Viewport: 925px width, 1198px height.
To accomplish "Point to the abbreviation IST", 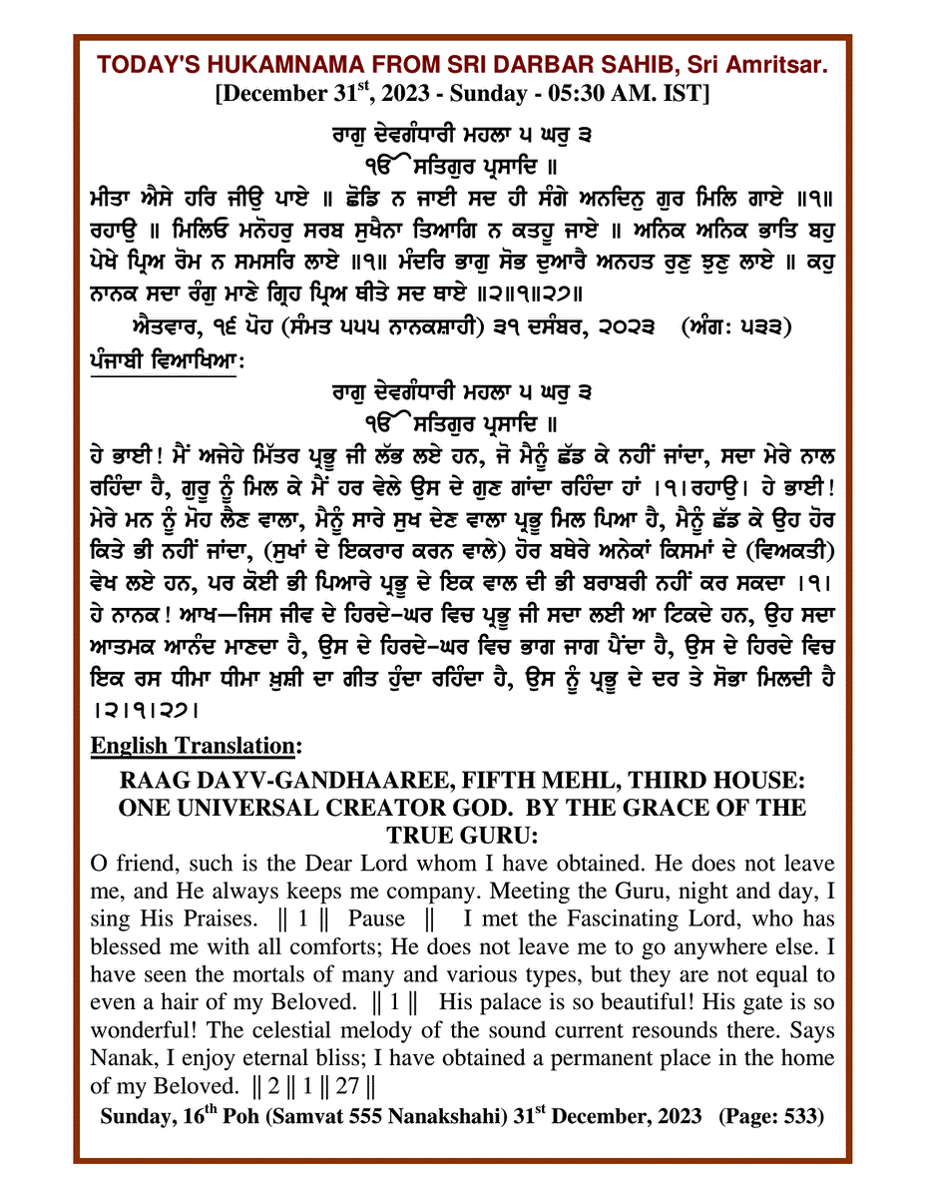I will pos(688,95).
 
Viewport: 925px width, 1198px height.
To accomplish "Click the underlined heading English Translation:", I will pos(197,745).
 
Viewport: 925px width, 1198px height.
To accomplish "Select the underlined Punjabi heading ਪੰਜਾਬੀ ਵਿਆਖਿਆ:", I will pos(164,365).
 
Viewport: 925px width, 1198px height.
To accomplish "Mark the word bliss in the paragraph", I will pos(361,1057).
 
